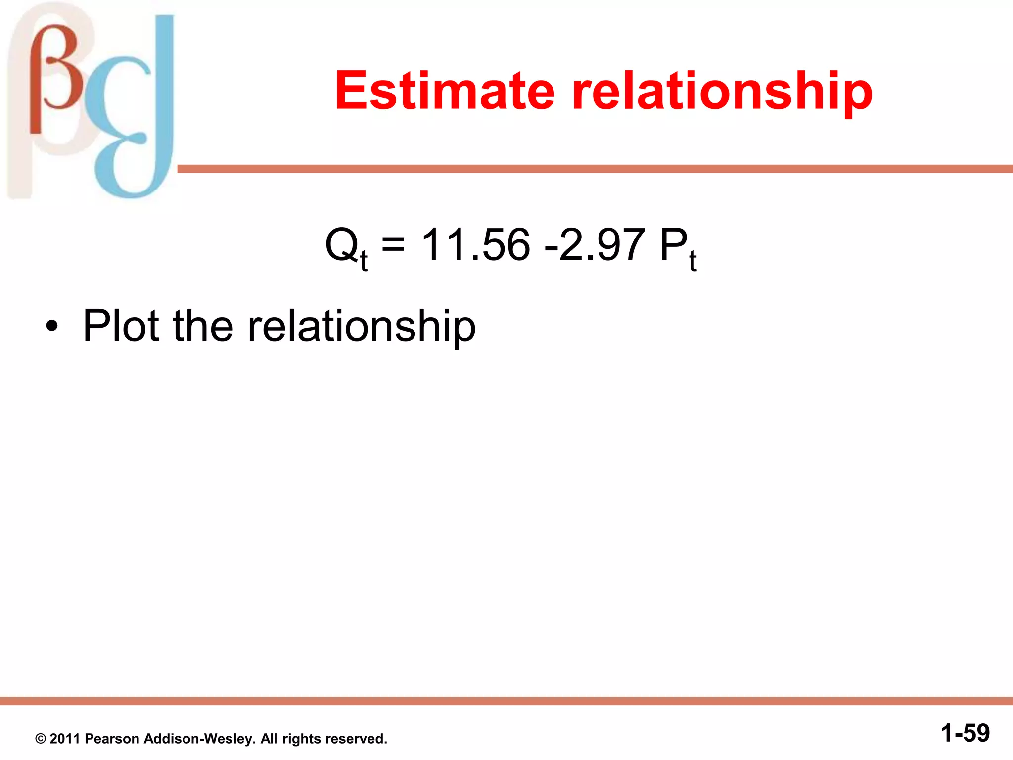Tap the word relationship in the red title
coord(722,92)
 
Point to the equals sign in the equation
coord(393,244)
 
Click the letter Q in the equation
coord(341,245)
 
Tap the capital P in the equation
coord(673,245)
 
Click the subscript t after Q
coord(364,261)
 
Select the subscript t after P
coord(693,261)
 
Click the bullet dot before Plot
coord(51,327)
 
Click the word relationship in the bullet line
coord(361,327)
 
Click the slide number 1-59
coord(965,733)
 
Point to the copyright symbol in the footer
coord(41,739)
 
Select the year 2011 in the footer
coord(65,739)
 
